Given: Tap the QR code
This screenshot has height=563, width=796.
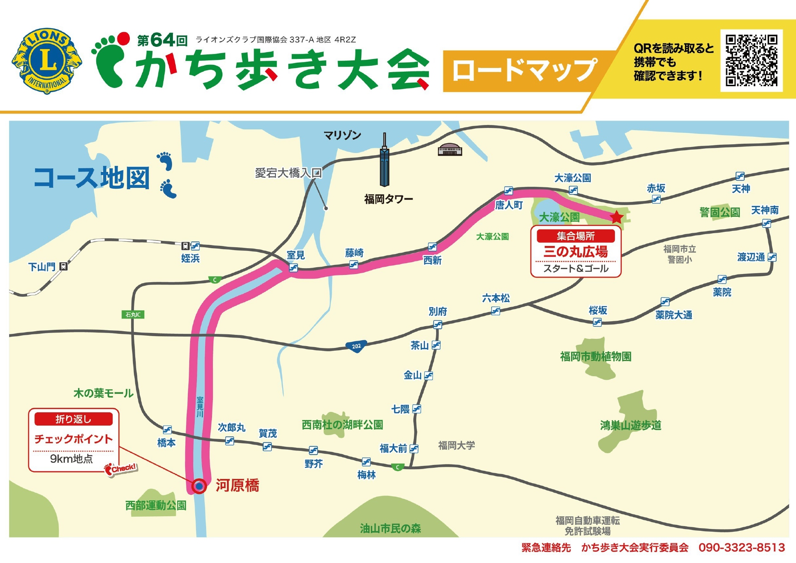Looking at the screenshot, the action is click(751, 60).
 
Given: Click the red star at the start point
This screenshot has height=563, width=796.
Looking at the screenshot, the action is click(616, 217).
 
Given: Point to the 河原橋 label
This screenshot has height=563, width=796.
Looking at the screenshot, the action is click(237, 486).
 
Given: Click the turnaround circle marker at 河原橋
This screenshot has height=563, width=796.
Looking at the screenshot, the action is click(199, 486).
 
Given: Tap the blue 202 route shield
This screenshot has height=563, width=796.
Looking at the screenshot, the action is click(356, 347).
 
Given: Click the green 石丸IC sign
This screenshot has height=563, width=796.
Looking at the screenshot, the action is click(133, 314).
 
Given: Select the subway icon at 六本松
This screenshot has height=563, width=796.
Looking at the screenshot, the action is click(496, 311).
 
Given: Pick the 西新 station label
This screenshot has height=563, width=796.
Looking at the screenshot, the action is click(432, 260).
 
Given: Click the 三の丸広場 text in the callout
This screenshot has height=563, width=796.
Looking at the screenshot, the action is click(575, 252).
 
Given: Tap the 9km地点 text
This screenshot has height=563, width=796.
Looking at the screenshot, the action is click(71, 459).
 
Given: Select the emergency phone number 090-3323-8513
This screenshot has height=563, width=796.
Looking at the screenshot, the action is click(742, 548).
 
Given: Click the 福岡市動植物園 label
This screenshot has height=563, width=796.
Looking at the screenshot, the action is click(595, 357).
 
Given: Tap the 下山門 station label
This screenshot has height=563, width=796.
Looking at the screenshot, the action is click(42, 267).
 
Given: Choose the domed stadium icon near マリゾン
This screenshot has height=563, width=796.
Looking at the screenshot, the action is click(450, 149).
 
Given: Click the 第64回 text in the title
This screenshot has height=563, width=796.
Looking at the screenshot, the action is click(162, 40).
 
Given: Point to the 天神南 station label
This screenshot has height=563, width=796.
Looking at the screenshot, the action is click(765, 210).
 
